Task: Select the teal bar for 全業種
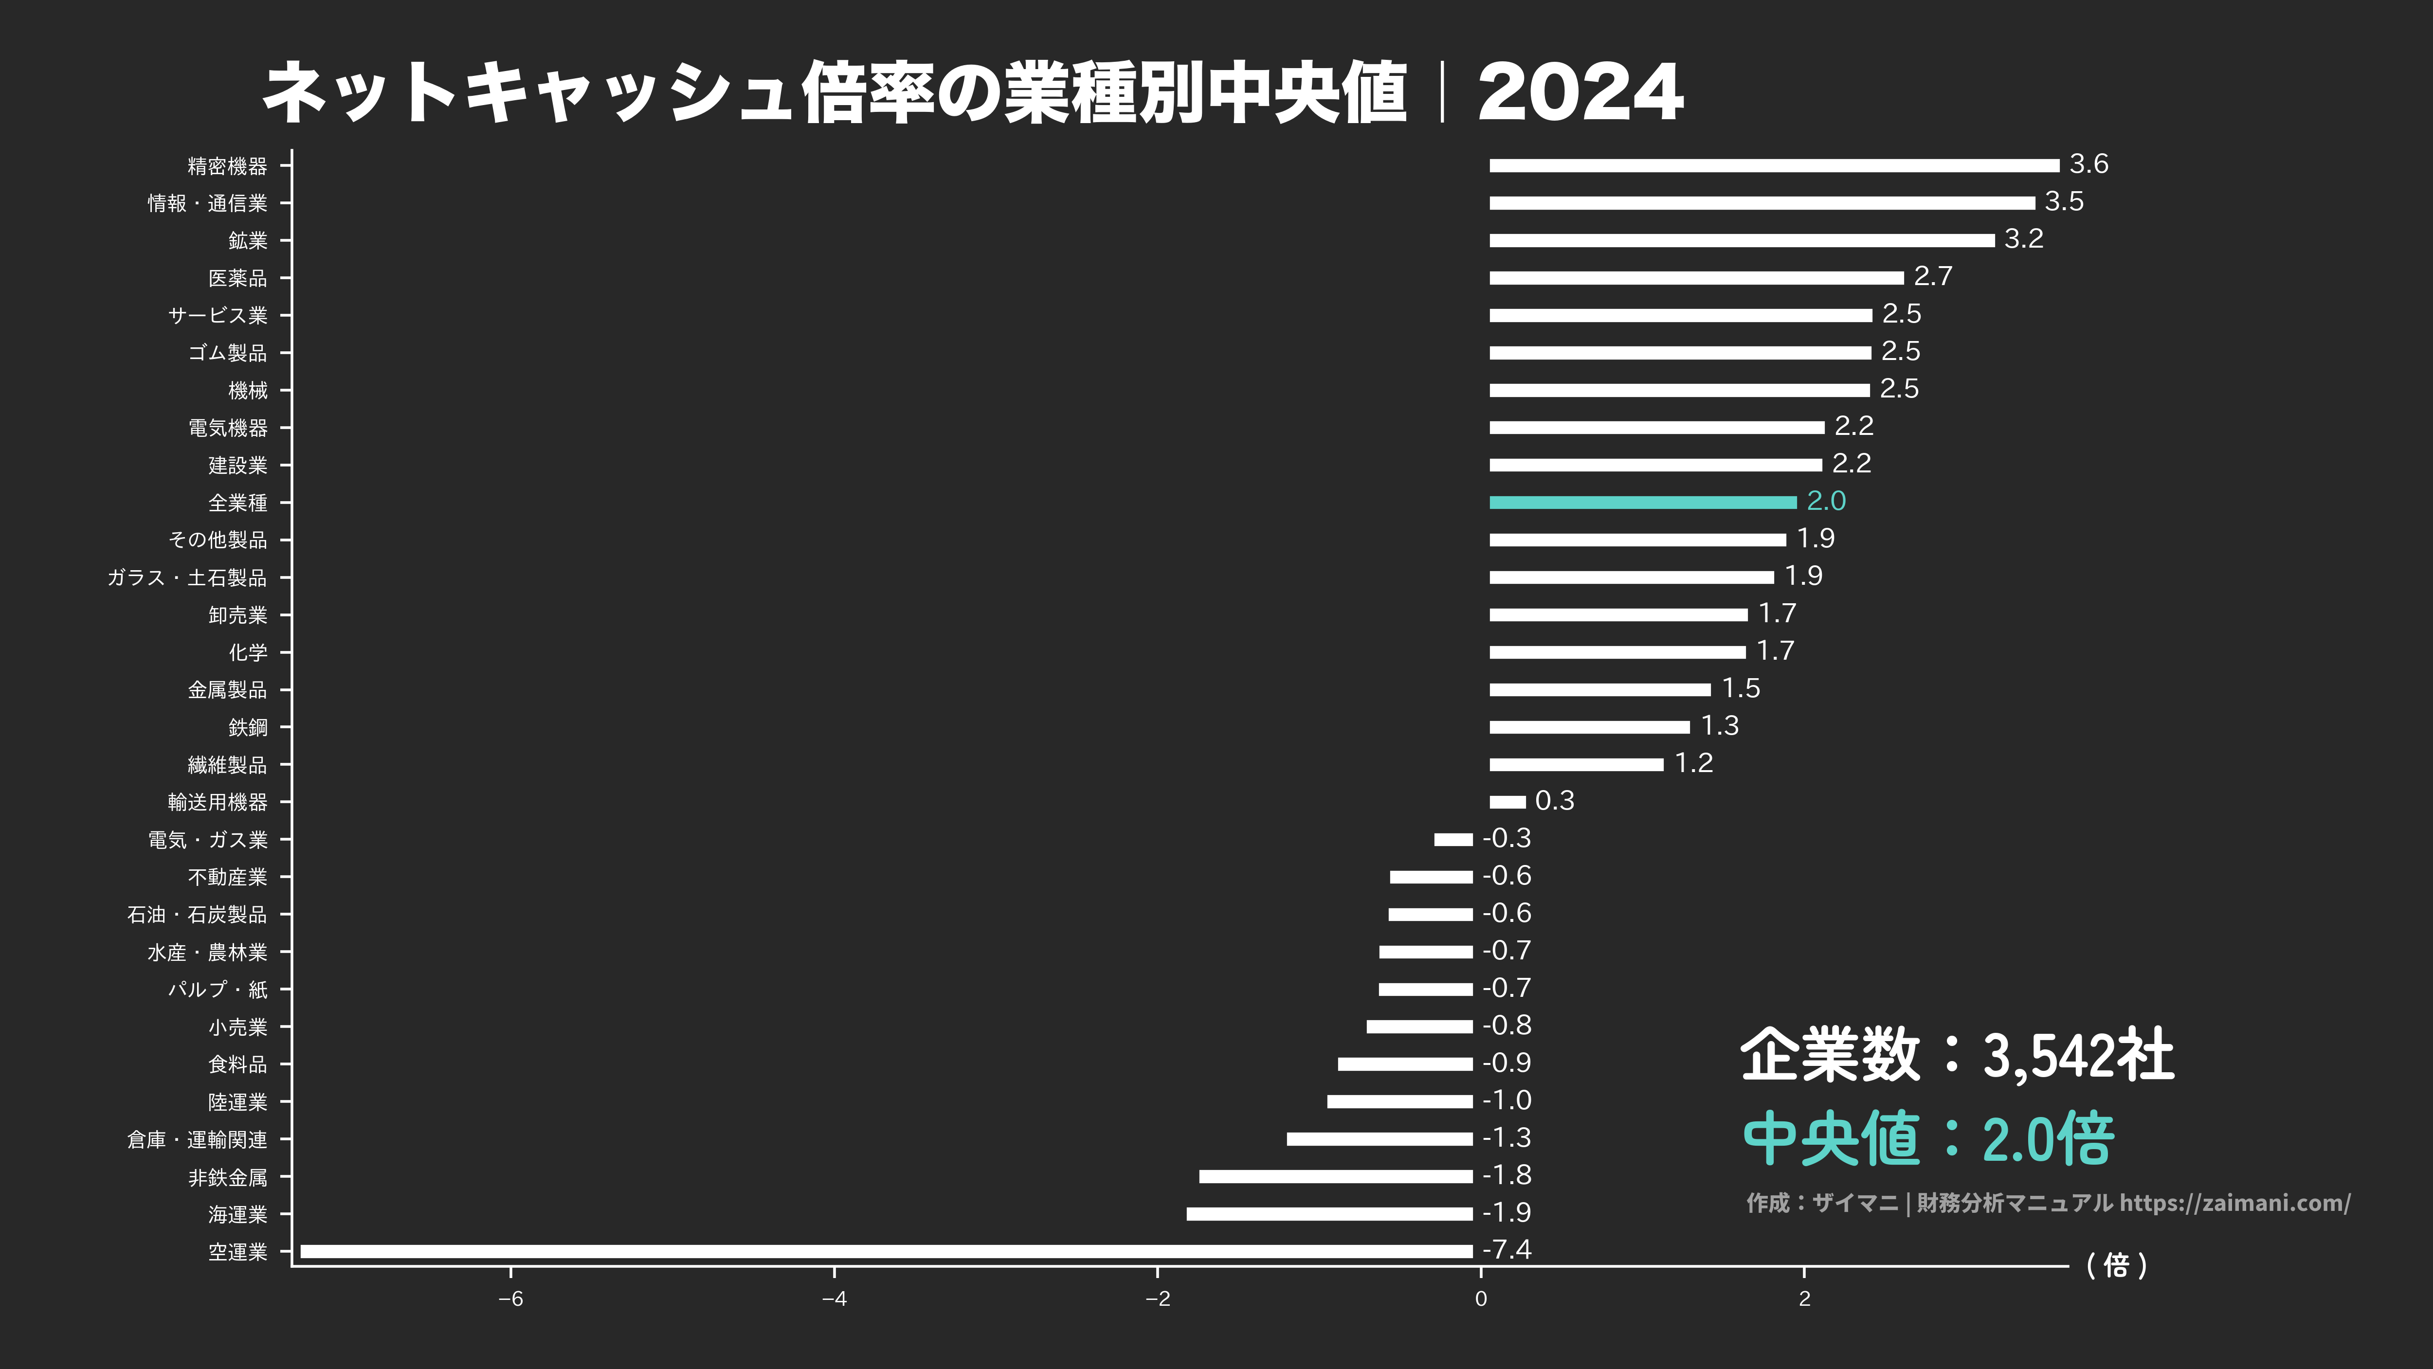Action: pyautogui.click(x=1642, y=502)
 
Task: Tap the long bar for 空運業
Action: pyautogui.click(x=886, y=1252)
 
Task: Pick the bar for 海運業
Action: pyautogui.click(x=1329, y=1214)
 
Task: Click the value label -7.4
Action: pyautogui.click(x=1507, y=1250)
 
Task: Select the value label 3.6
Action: pyautogui.click(x=2088, y=164)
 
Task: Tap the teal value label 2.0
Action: pyautogui.click(x=1826, y=502)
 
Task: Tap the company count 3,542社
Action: pyautogui.click(x=2078, y=1056)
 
